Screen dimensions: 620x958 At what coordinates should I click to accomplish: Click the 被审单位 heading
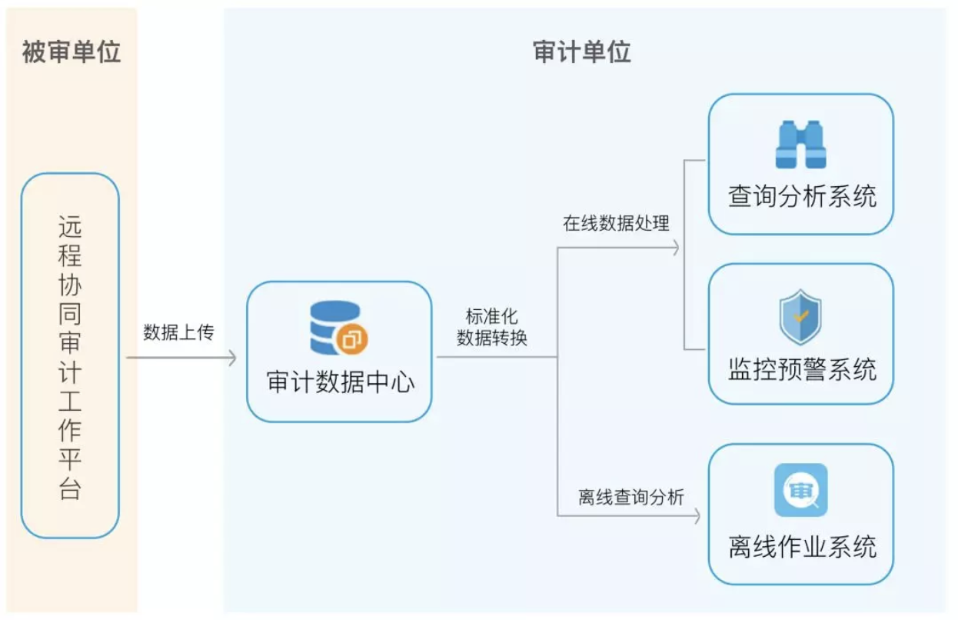pos(71,52)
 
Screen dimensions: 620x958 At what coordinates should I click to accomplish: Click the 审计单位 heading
pos(581,52)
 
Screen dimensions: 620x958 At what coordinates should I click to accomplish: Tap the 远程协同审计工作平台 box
pos(70,355)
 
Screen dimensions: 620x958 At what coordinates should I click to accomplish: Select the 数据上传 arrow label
pos(178,332)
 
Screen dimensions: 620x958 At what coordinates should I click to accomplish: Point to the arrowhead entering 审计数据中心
pos(232,358)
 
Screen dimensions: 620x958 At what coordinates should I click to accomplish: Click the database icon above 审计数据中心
pos(335,328)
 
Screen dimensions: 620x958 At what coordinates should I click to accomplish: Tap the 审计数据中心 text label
pos(340,382)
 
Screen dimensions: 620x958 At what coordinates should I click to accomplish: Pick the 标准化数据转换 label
pos(492,328)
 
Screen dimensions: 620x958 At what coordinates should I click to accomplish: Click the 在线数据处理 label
pos(617,224)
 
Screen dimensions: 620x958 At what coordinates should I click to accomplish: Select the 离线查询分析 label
pos(631,497)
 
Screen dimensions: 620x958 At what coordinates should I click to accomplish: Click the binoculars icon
pos(800,145)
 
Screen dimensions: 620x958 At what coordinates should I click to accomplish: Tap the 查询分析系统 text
pos(802,196)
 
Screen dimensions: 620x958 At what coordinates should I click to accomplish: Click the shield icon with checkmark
pos(800,317)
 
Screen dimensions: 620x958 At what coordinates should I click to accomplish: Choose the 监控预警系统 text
pos(802,369)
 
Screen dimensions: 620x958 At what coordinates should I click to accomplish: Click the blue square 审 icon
pos(800,490)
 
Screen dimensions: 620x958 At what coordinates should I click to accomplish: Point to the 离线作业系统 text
pos(802,547)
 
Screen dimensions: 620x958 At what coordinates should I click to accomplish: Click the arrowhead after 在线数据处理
pos(676,248)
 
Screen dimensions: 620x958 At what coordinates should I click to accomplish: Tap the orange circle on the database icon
pos(353,339)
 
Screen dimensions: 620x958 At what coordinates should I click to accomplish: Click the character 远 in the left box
pos(70,227)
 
